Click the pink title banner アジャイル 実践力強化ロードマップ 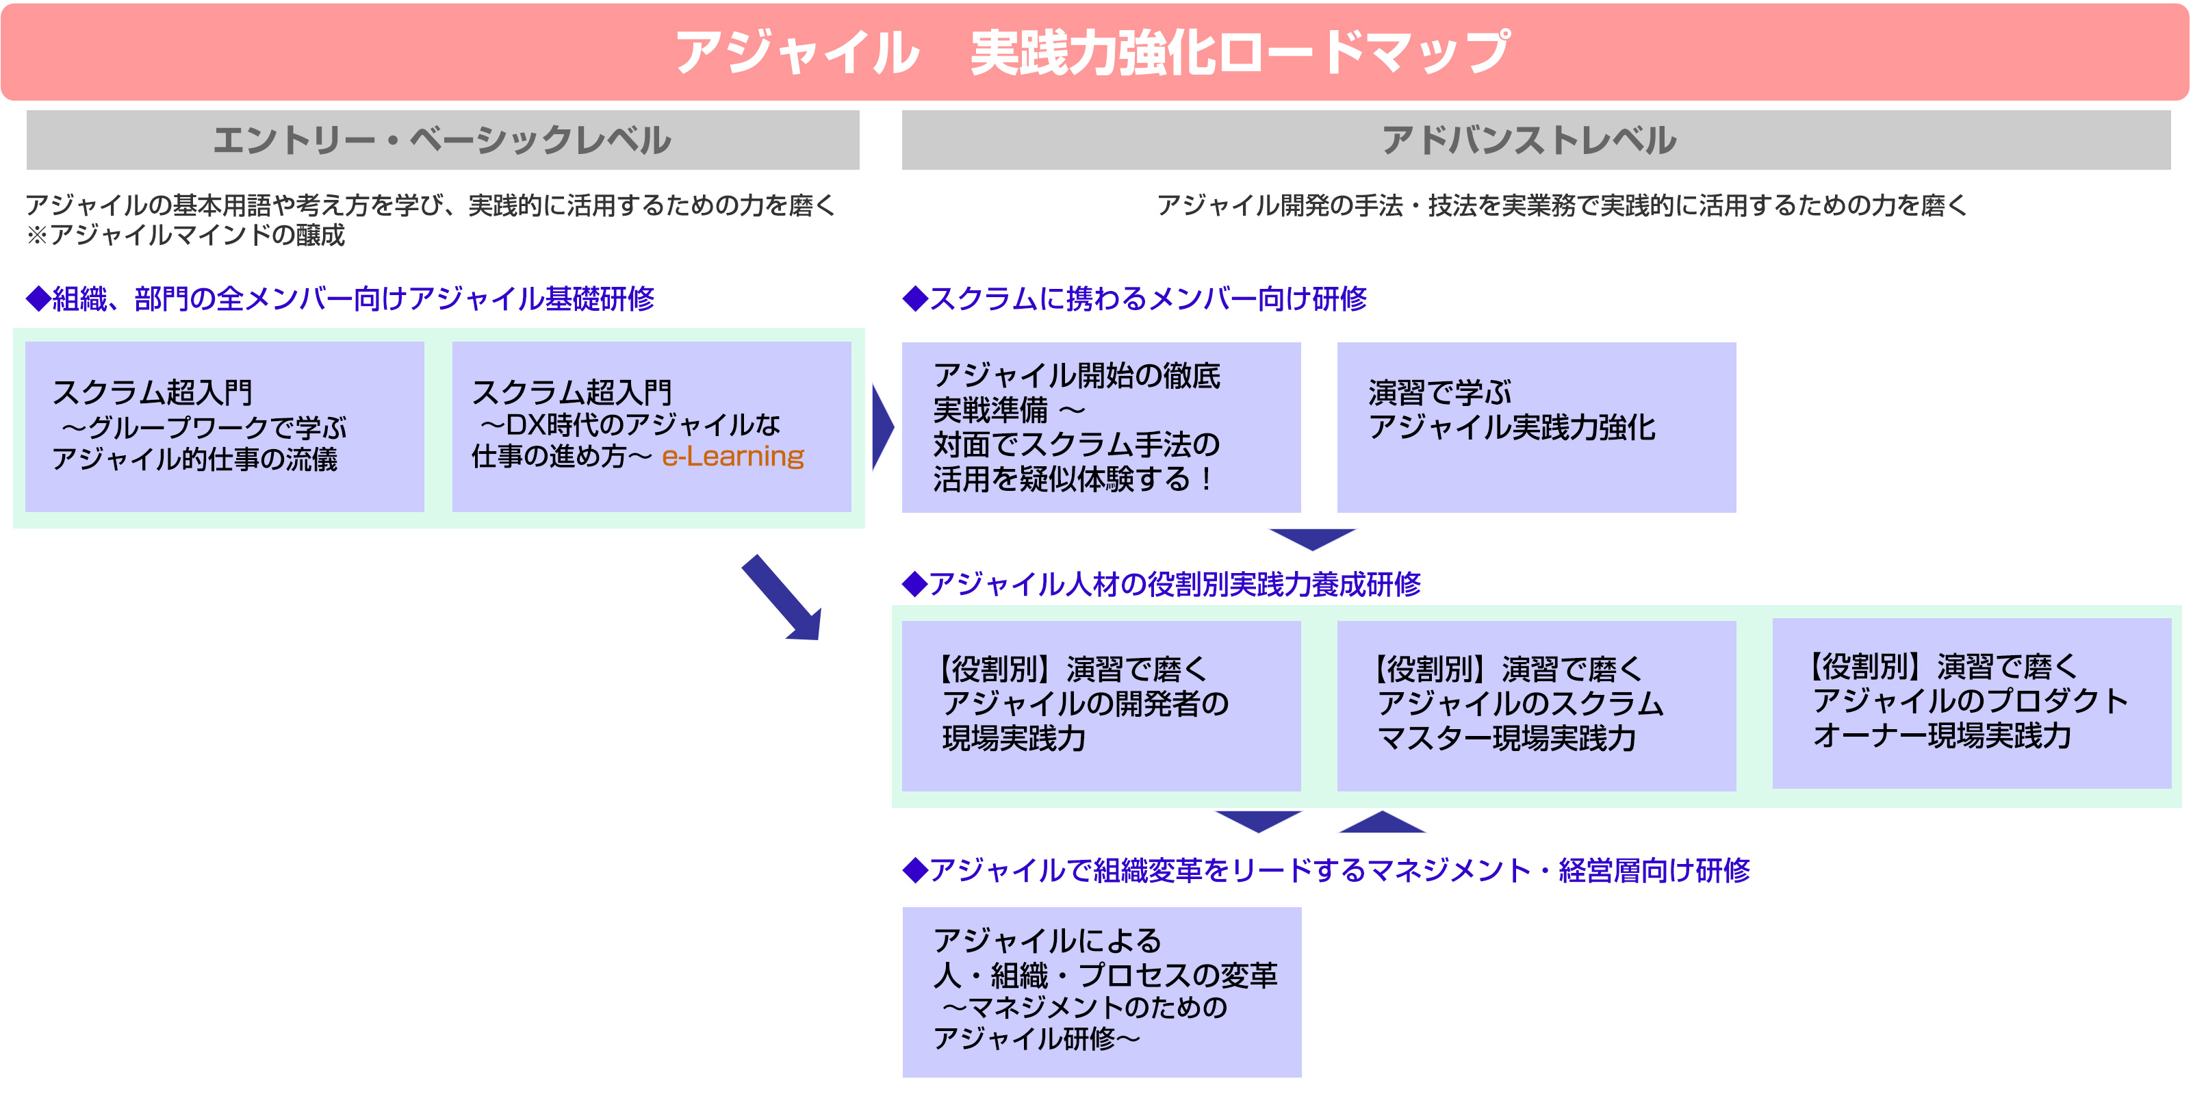pos(1095,52)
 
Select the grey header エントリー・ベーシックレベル pos(443,140)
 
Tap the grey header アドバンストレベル pos(1536,140)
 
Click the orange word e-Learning pos(733,457)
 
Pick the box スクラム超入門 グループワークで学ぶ pos(225,427)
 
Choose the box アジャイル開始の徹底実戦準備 pos(1101,427)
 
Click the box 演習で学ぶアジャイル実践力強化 pos(1537,427)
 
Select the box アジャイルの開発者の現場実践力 pos(1101,706)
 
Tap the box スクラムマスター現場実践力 pos(1537,706)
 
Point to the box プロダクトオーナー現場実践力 pos(1972,703)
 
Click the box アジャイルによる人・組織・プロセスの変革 pos(1101,992)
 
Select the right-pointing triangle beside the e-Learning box pos(883,427)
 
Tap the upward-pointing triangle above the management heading pos(1383,822)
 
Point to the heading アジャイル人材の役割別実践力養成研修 pos(1162,584)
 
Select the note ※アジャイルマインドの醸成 pos(185,235)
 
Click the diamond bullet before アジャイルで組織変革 pos(915,870)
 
